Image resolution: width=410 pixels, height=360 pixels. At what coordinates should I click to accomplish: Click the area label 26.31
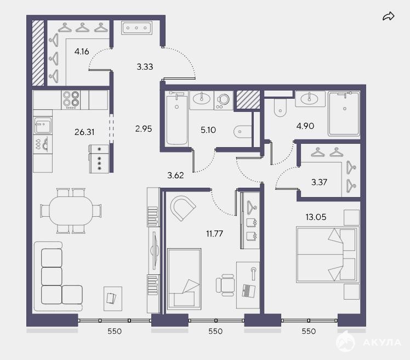click(84, 132)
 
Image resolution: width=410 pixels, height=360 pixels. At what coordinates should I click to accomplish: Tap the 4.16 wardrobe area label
click(82, 52)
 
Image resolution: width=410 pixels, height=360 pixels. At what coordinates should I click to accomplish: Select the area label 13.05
click(316, 217)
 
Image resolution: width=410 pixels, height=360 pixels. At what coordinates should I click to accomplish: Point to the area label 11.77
click(214, 233)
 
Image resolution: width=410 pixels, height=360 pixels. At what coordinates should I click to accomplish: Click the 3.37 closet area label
click(319, 182)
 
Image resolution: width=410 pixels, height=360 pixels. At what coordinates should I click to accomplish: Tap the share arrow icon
click(388, 16)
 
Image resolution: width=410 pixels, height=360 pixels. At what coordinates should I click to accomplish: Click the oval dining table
click(71, 210)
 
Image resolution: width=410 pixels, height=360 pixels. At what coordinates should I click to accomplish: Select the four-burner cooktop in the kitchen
click(71, 100)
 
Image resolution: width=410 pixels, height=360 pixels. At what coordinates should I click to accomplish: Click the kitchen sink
click(43, 126)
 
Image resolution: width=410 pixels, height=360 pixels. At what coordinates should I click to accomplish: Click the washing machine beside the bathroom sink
click(224, 100)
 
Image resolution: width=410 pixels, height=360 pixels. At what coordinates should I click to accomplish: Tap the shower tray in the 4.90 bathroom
click(344, 114)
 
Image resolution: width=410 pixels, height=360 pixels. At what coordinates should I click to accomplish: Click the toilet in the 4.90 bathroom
click(280, 108)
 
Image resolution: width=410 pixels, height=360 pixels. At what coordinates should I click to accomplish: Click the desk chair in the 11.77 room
click(225, 285)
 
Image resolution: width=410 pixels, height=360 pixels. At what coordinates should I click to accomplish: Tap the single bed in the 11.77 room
click(184, 279)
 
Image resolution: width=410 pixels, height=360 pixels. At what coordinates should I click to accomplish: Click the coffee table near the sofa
click(113, 299)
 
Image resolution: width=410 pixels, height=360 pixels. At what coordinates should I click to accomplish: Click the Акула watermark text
click(382, 342)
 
